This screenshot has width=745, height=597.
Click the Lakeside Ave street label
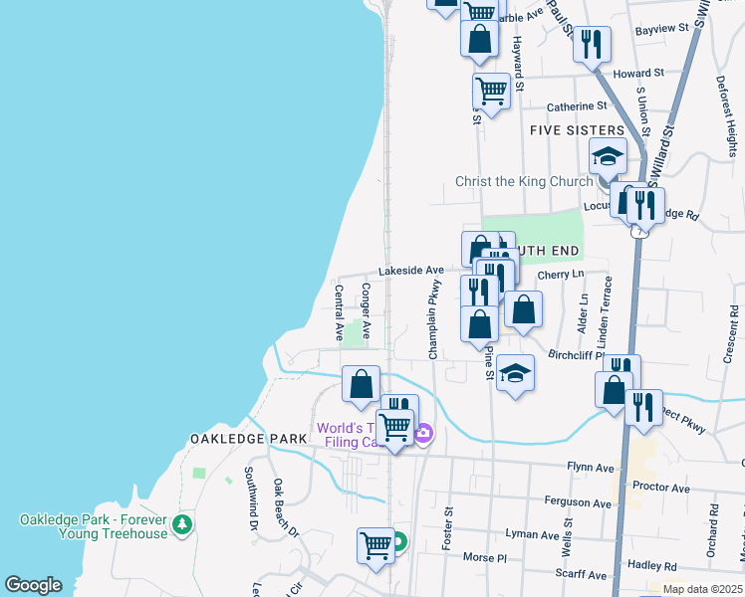coord(410,270)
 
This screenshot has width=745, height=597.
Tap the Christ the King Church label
coord(524,181)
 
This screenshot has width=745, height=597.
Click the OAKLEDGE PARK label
coord(234,439)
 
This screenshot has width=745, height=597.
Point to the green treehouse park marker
coord(181,523)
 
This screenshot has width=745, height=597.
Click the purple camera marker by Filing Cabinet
coord(424,433)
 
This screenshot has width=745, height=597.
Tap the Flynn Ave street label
coord(591,467)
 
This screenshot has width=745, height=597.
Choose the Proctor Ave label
coord(660,489)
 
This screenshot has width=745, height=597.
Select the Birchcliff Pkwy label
coord(578,353)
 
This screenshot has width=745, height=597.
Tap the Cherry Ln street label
coord(560,275)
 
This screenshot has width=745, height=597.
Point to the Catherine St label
coord(577,105)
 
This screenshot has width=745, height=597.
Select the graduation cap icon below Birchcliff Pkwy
coord(515,373)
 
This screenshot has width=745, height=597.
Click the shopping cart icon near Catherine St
coord(491,90)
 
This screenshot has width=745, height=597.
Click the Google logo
coord(33,585)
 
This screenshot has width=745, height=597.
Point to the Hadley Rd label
coord(656,564)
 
